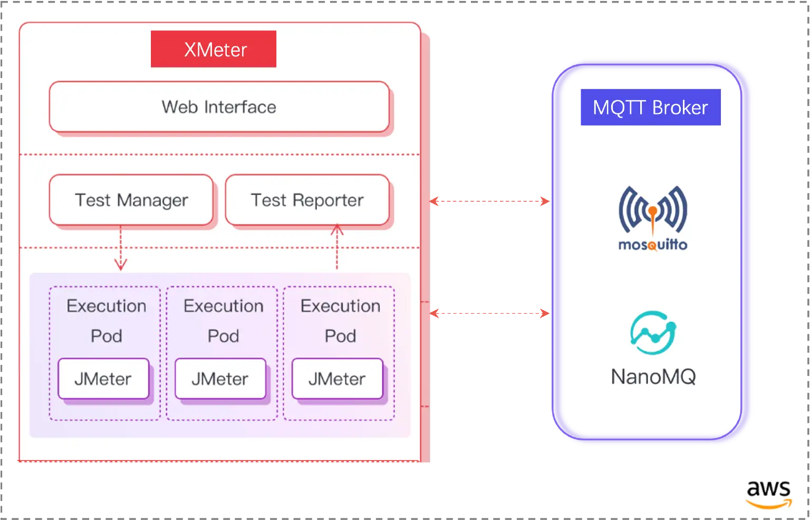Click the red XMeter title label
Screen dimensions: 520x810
tap(214, 49)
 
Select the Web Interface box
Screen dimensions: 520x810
tap(219, 107)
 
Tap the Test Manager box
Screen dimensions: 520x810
tap(131, 200)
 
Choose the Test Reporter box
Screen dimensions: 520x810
tap(307, 200)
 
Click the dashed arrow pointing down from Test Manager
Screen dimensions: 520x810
tap(121, 248)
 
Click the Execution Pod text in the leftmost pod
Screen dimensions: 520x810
tap(106, 320)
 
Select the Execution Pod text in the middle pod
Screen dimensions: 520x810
tap(223, 320)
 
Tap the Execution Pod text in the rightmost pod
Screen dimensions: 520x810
tap(340, 320)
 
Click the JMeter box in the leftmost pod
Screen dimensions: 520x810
tap(103, 379)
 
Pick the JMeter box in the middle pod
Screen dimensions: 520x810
tap(220, 379)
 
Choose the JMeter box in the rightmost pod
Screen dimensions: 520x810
tap(337, 379)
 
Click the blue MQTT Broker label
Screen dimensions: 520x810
tap(650, 108)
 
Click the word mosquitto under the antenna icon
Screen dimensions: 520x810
tap(653, 245)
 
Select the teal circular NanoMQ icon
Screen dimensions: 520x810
tap(653, 333)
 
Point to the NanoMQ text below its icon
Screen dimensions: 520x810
tap(653, 377)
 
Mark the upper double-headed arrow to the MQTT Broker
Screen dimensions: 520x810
tap(490, 201)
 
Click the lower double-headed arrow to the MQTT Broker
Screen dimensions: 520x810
tap(490, 314)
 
